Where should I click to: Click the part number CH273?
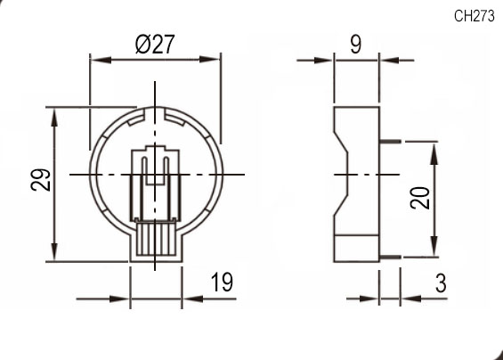tap(475, 15)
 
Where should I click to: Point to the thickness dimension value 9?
tap(355, 45)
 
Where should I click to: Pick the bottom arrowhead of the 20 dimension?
tap(435, 250)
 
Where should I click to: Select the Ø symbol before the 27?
tap(144, 45)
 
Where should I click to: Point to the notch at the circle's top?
tap(156, 113)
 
